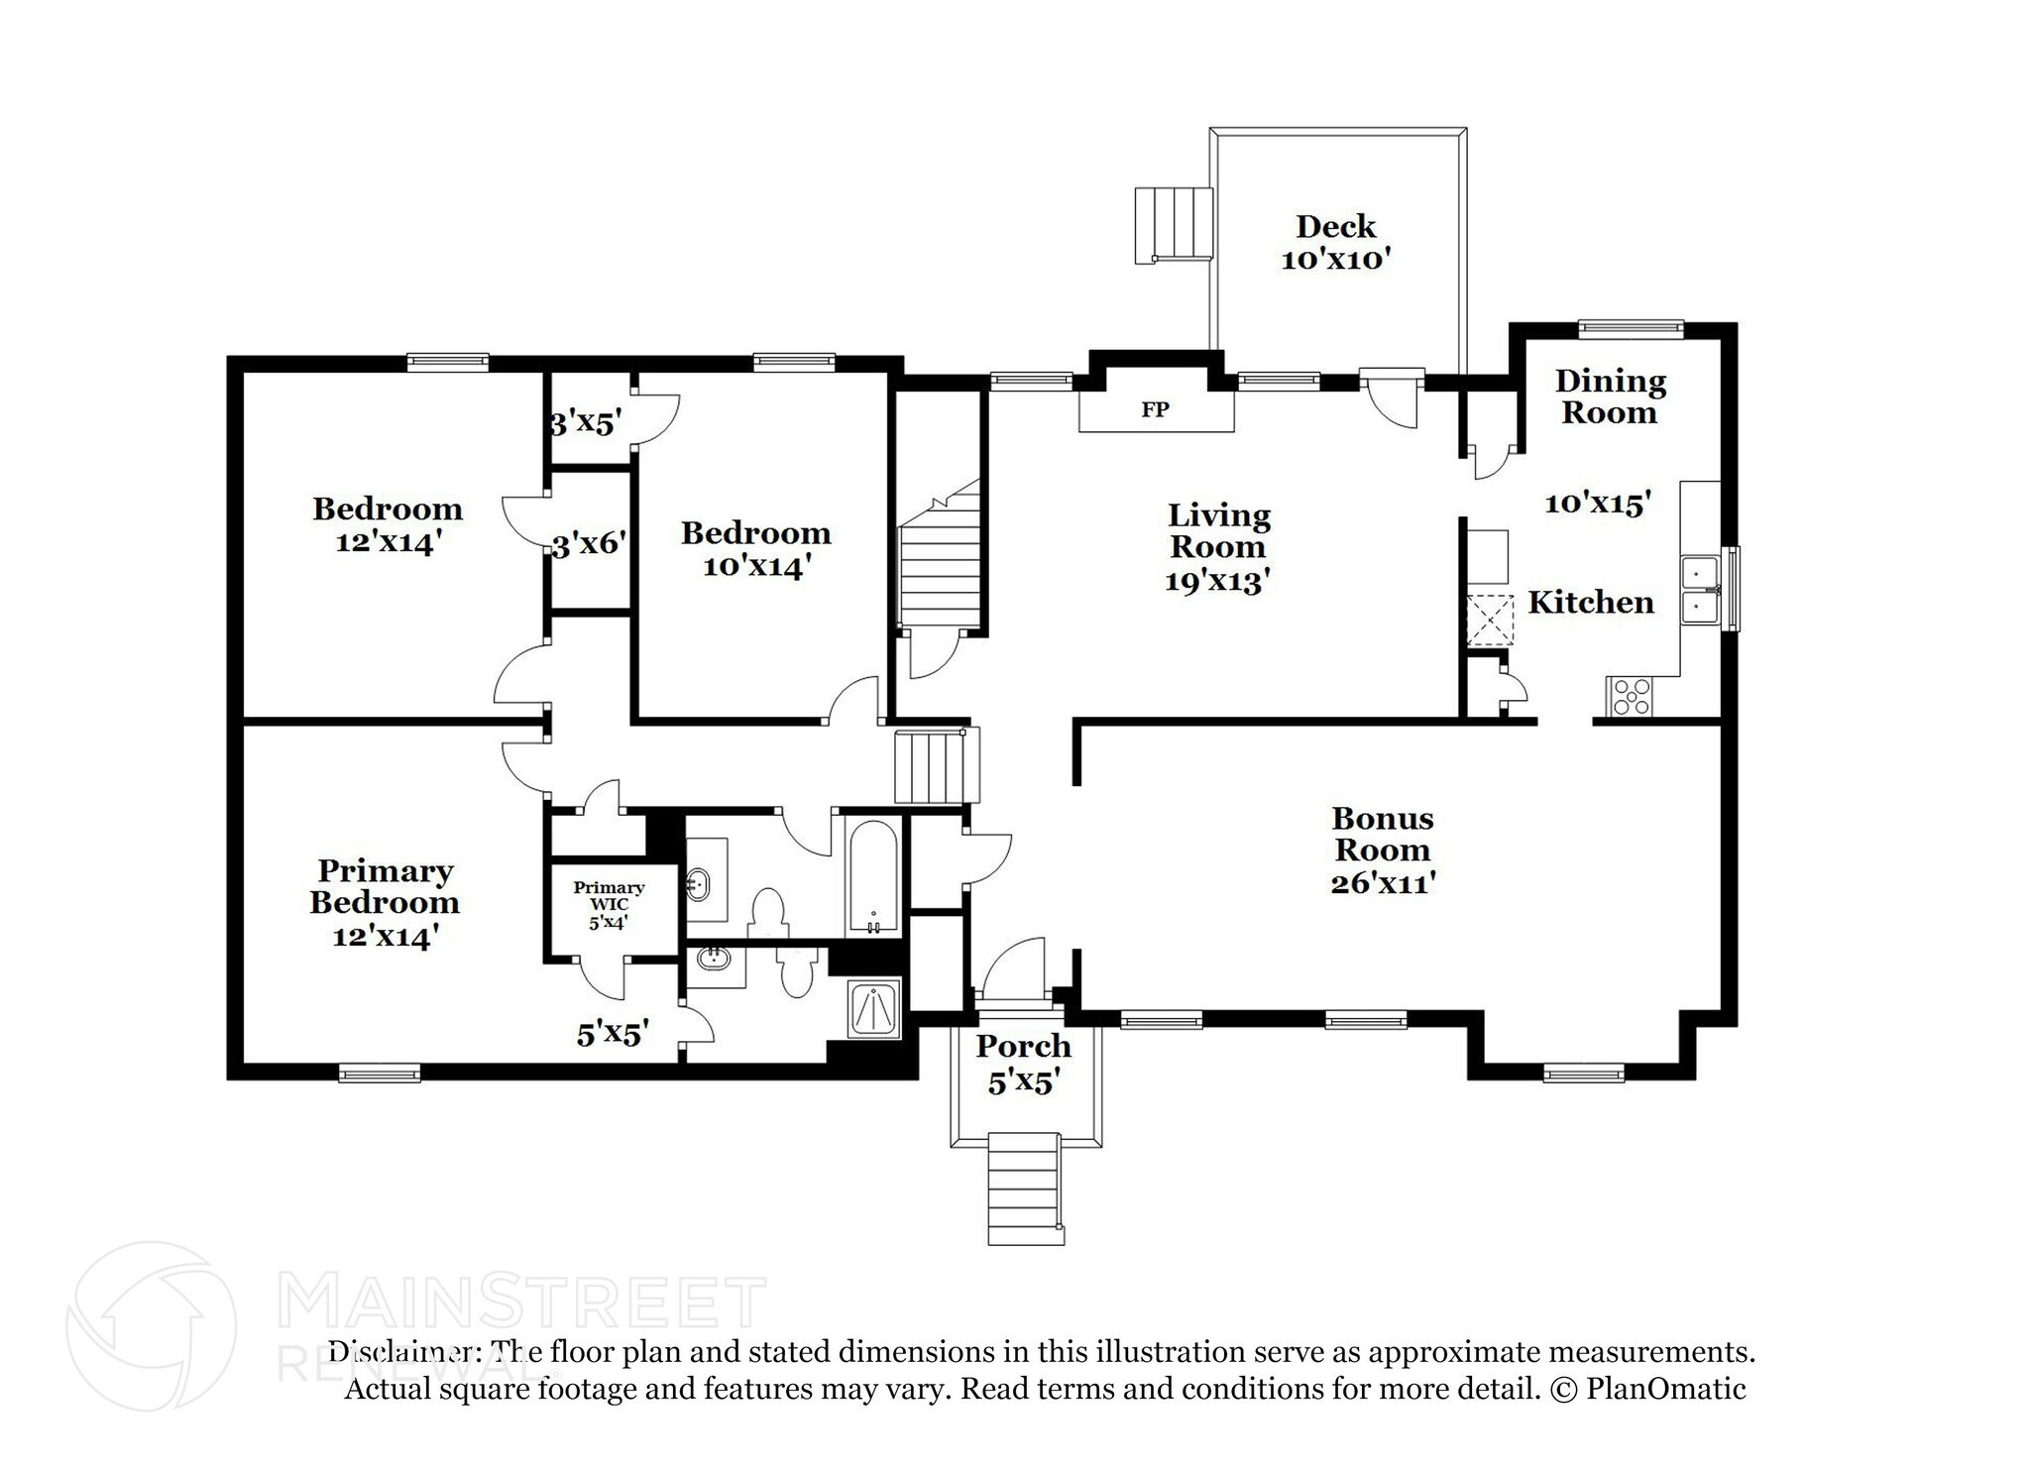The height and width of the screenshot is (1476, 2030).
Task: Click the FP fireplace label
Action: (1155, 409)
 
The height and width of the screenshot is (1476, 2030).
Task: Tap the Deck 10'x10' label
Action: (1335, 243)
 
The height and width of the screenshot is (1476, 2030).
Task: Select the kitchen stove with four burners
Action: (1632, 695)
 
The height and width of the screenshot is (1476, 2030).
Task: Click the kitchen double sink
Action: (1699, 590)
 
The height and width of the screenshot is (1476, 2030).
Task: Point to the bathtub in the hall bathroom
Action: (873, 876)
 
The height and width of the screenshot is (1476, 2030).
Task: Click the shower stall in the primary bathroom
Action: (874, 1009)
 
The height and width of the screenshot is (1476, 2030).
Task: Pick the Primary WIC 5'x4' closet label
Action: (609, 904)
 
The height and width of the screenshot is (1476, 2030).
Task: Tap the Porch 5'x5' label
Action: (1024, 1063)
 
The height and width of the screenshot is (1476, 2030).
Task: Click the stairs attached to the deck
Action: (1174, 225)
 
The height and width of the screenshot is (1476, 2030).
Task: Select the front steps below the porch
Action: (1026, 1189)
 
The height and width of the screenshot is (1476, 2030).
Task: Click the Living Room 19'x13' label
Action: (1217, 547)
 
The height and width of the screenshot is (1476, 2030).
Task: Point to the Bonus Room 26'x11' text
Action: (1382, 850)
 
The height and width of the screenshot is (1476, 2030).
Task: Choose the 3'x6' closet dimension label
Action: (589, 543)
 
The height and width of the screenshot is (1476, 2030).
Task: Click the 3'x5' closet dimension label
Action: (587, 423)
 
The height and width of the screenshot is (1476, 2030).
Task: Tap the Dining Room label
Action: (1610, 397)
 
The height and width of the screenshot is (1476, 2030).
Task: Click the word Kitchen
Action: (1590, 603)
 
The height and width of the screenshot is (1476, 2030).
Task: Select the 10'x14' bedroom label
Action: (755, 550)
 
